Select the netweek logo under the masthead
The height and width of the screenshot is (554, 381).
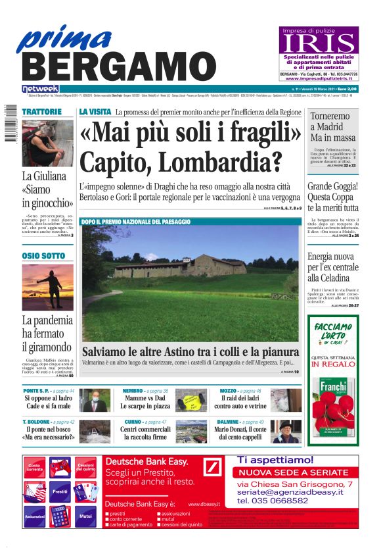point(40,88)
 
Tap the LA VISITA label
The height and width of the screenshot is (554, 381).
point(95,112)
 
